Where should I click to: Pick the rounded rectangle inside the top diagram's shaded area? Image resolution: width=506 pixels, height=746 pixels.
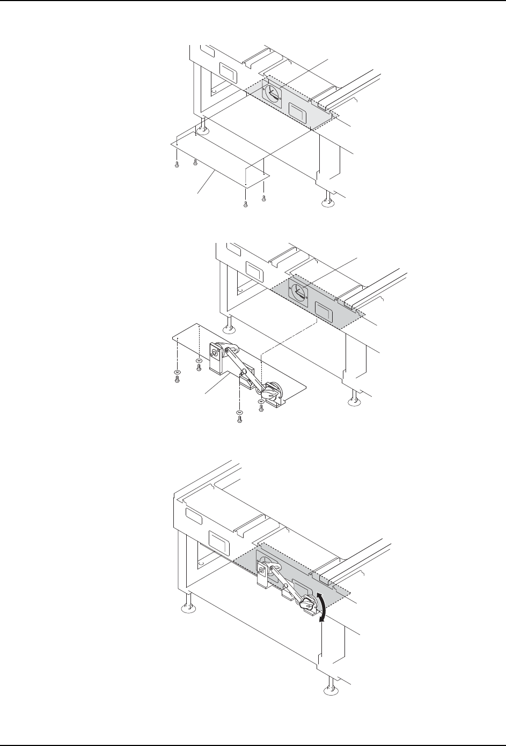tap(297, 111)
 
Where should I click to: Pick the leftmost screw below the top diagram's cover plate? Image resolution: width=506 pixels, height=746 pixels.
tap(176, 165)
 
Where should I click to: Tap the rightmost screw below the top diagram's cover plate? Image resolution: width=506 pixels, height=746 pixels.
tap(264, 199)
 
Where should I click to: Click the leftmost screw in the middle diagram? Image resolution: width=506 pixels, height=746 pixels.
tap(177, 378)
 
